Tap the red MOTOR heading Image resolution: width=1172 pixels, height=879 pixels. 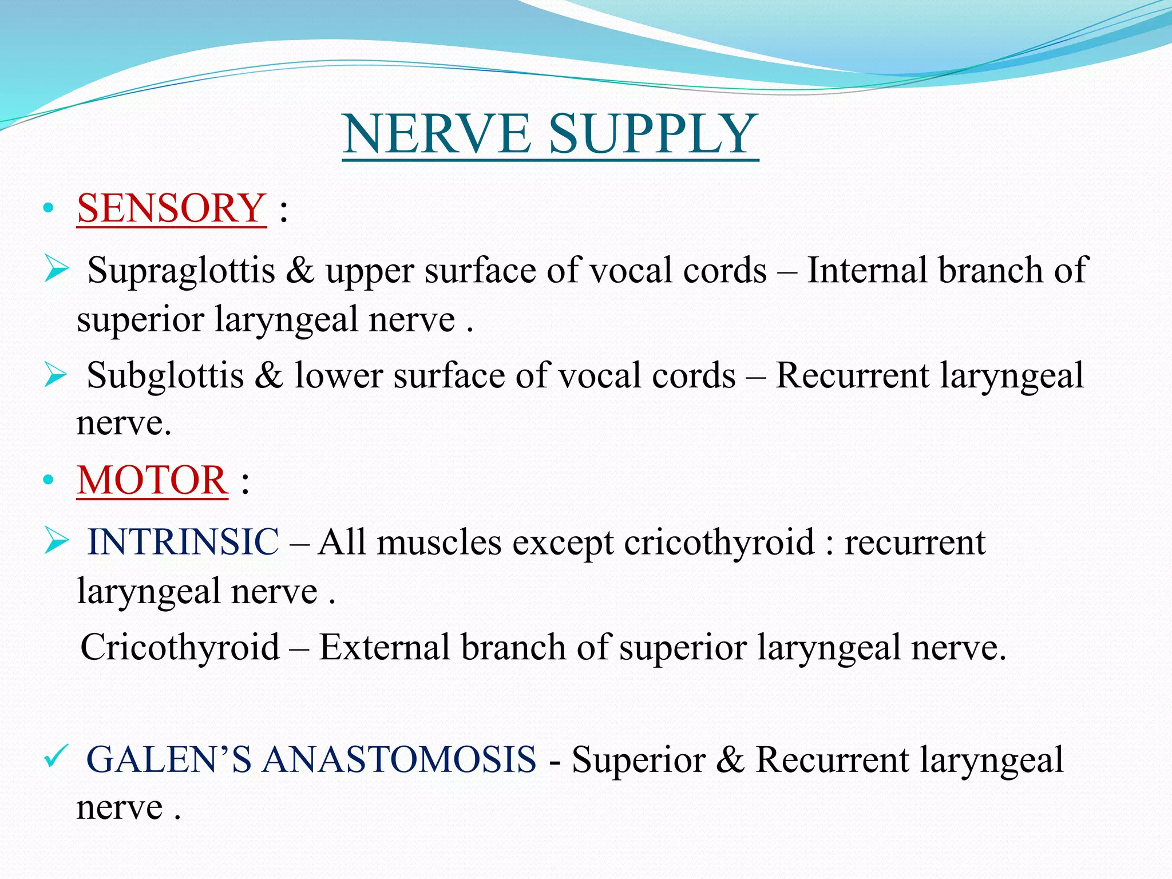click(152, 480)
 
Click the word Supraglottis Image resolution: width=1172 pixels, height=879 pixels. click(181, 271)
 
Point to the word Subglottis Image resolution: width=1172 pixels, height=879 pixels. click(165, 376)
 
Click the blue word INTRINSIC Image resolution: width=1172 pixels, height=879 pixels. click(183, 541)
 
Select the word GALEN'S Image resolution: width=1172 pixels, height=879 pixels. click(168, 760)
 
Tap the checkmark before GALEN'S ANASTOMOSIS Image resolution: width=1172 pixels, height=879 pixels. click(56, 757)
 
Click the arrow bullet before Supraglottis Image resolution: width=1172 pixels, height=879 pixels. click(56, 269)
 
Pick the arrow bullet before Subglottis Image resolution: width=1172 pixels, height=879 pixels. click(56, 375)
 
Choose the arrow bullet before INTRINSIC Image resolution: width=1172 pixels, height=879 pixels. click(56, 541)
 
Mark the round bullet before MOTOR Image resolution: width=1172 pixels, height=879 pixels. click(49, 481)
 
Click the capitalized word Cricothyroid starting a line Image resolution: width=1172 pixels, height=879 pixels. click(180, 648)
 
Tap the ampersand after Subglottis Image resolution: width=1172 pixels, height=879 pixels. click(269, 376)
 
